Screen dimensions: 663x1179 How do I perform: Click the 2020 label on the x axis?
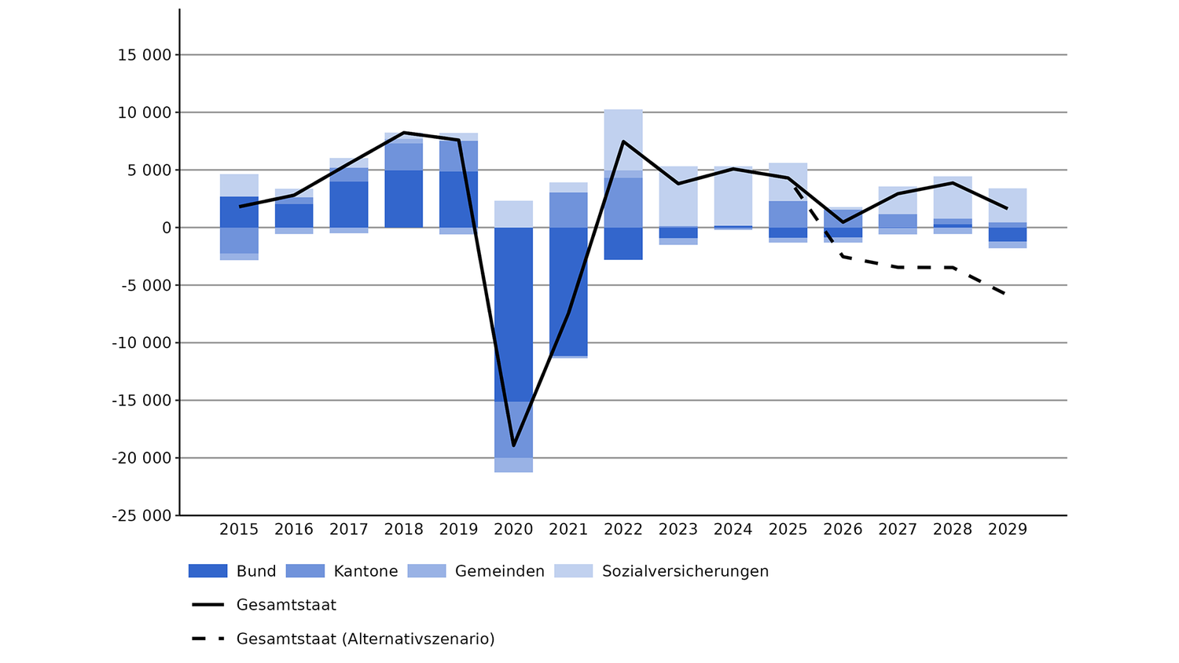click(513, 529)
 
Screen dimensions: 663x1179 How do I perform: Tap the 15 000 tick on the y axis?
click(145, 55)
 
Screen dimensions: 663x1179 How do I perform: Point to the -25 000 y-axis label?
click(141, 515)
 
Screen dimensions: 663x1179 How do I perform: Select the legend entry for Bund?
click(233, 571)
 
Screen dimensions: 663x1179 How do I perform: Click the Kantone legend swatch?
click(305, 571)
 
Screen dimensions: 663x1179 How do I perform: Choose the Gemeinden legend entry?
click(476, 571)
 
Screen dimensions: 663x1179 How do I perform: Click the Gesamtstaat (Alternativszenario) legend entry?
click(343, 639)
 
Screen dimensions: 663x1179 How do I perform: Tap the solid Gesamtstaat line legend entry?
click(264, 605)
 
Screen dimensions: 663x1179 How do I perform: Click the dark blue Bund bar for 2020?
click(513, 314)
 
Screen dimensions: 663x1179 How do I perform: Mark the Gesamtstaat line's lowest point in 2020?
click(513, 445)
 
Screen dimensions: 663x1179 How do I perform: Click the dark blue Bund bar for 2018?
click(403, 199)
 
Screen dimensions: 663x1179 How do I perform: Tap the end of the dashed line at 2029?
click(1007, 295)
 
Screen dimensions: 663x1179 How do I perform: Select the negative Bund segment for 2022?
click(623, 244)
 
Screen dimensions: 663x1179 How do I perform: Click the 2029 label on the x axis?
click(1007, 529)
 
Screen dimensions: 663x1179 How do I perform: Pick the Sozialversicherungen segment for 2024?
click(733, 196)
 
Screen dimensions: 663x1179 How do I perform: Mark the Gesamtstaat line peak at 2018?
click(403, 133)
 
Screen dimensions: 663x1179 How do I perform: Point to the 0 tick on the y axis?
click(167, 228)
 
